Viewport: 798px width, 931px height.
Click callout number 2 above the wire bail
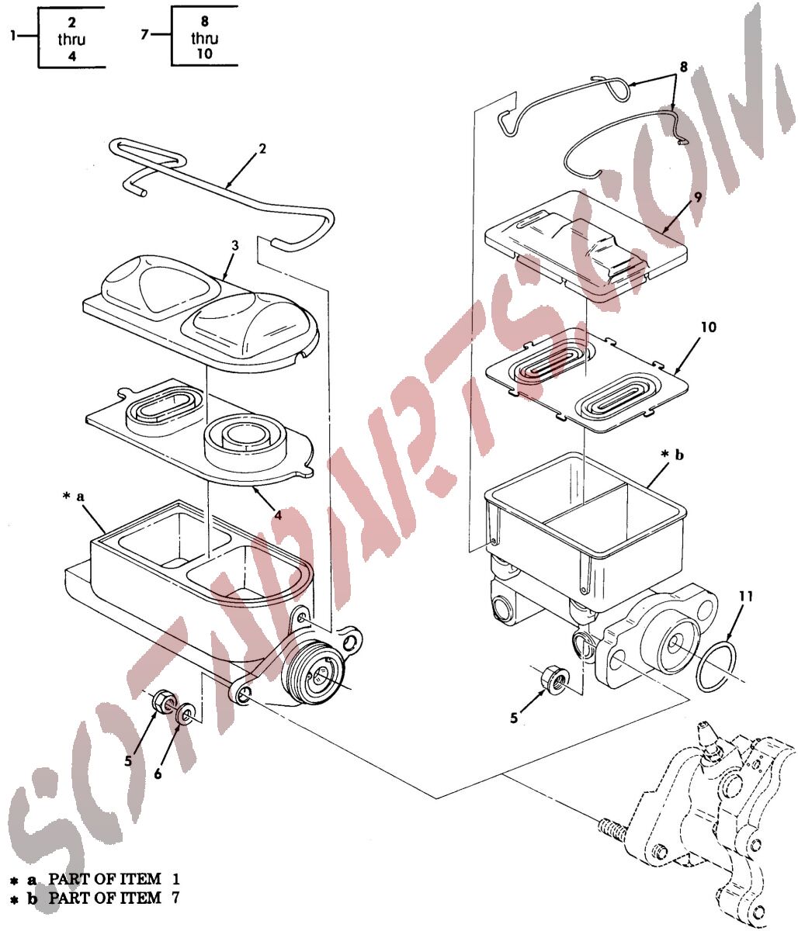coord(262,148)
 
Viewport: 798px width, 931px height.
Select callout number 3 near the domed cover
coord(234,246)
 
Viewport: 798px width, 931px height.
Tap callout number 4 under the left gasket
coord(279,515)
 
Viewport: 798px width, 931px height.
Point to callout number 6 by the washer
coord(158,773)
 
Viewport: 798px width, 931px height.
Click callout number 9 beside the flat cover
coord(698,198)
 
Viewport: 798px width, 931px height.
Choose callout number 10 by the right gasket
coord(709,327)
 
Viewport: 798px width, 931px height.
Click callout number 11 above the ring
coord(746,597)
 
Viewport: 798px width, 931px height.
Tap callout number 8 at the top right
coord(684,67)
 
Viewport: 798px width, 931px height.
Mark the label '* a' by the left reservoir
coord(74,497)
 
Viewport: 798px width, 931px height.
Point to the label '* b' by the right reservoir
coord(671,455)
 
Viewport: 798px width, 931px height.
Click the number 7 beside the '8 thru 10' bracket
coord(144,34)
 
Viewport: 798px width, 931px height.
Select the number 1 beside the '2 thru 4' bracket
coord(13,36)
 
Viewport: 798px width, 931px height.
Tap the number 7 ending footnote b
coord(175,898)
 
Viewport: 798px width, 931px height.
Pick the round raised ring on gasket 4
coord(245,439)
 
